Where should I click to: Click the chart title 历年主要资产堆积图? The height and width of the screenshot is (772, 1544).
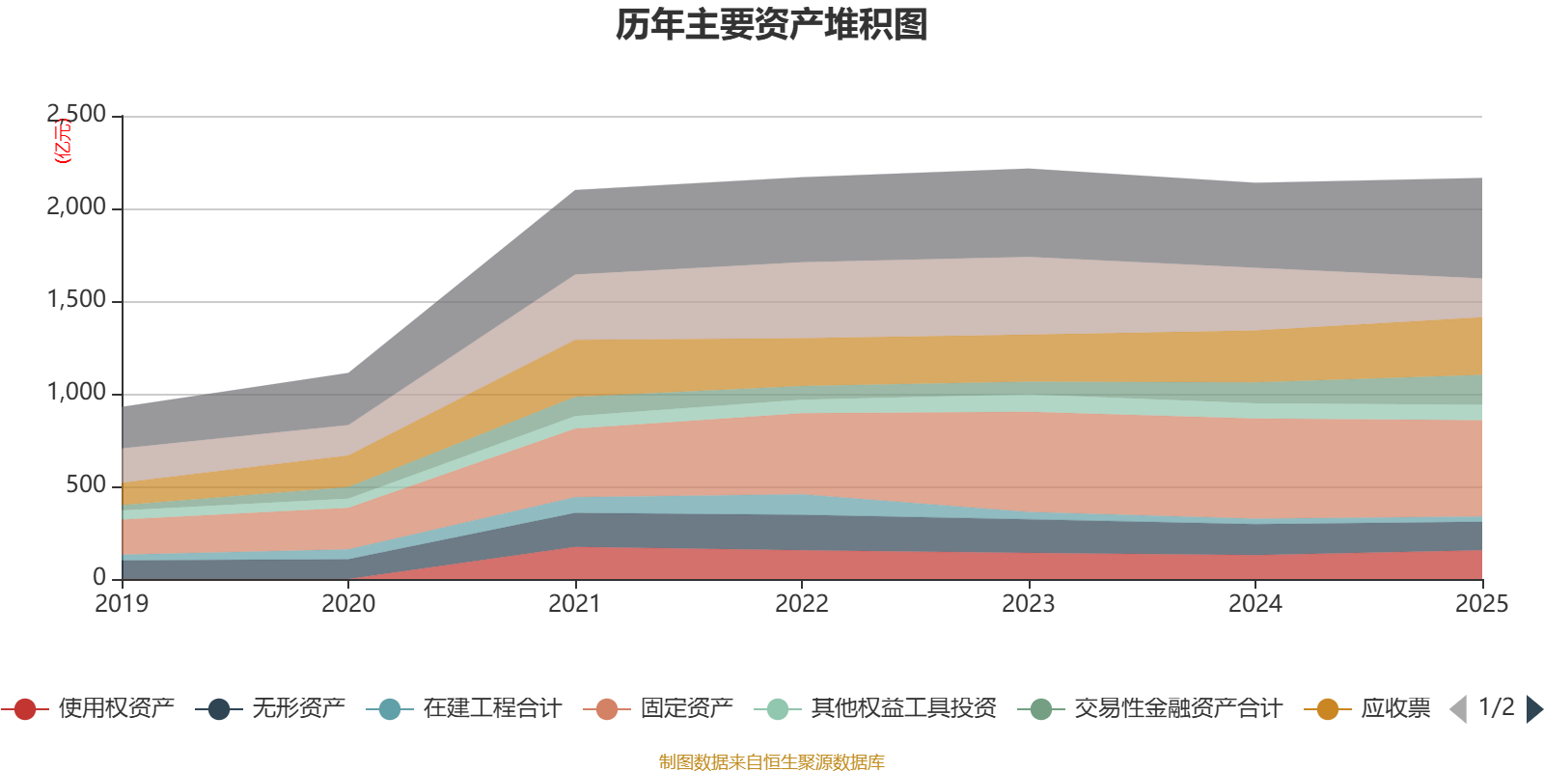click(772, 25)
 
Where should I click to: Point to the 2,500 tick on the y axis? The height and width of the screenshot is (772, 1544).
click(77, 115)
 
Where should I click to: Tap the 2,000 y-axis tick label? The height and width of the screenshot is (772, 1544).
click(77, 207)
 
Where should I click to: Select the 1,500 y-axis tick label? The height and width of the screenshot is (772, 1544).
click(77, 300)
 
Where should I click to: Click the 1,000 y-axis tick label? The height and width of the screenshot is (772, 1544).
click(77, 393)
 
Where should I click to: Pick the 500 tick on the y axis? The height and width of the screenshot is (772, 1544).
click(87, 485)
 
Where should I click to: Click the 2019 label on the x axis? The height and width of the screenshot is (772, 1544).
click(122, 604)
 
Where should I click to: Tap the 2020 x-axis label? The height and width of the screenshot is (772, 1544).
click(348, 604)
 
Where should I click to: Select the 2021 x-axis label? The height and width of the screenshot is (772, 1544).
click(575, 604)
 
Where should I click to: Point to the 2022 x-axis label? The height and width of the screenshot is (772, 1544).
click(802, 604)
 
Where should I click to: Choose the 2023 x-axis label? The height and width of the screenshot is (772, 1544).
click(1029, 604)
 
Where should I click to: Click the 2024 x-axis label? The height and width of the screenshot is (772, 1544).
click(1254, 604)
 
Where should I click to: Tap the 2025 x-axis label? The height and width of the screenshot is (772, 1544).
click(1481, 604)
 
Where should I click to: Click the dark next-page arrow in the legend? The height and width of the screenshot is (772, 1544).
click(1534, 709)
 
